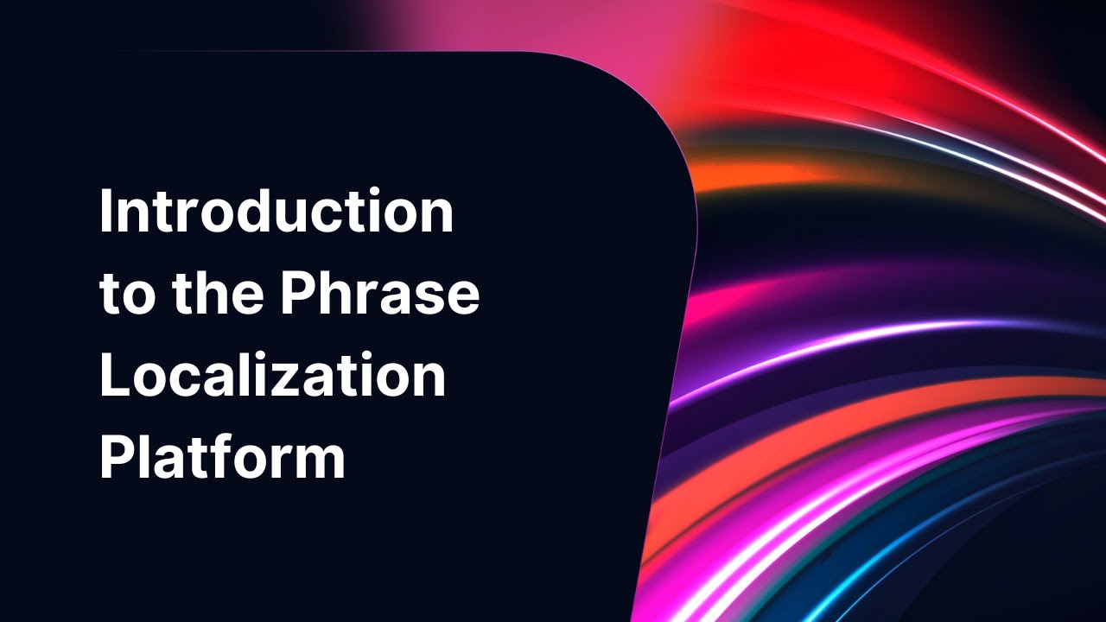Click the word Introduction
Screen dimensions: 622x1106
click(x=276, y=212)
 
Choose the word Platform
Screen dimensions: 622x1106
click(x=222, y=458)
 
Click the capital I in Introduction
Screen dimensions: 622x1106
click(x=106, y=212)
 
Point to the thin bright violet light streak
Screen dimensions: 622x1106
click(x=864, y=341)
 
